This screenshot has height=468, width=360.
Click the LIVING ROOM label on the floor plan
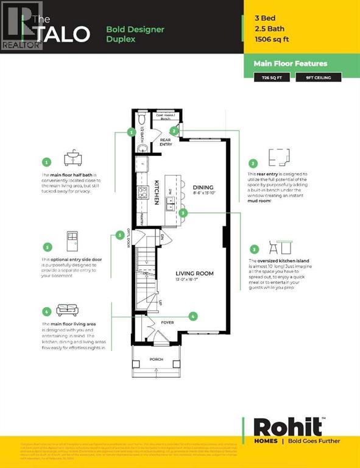(x=194, y=274)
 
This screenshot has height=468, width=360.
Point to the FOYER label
(x=167, y=323)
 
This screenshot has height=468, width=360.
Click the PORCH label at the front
(x=157, y=360)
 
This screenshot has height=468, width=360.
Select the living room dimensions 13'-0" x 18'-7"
(x=194, y=281)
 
